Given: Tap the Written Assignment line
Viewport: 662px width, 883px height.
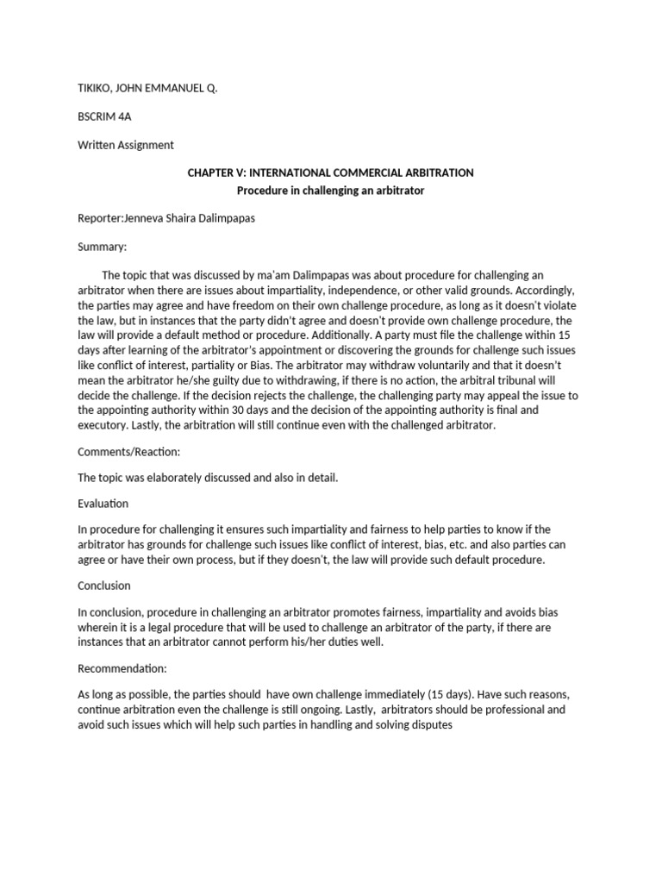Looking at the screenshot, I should tap(126, 145).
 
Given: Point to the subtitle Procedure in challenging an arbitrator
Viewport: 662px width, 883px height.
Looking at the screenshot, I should tap(331, 190).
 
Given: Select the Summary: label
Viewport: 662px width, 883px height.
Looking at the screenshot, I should tap(102, 247).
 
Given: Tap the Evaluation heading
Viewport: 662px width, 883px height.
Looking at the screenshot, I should tap(103, 503).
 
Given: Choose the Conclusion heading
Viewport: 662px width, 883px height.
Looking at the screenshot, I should tap(104, 586).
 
